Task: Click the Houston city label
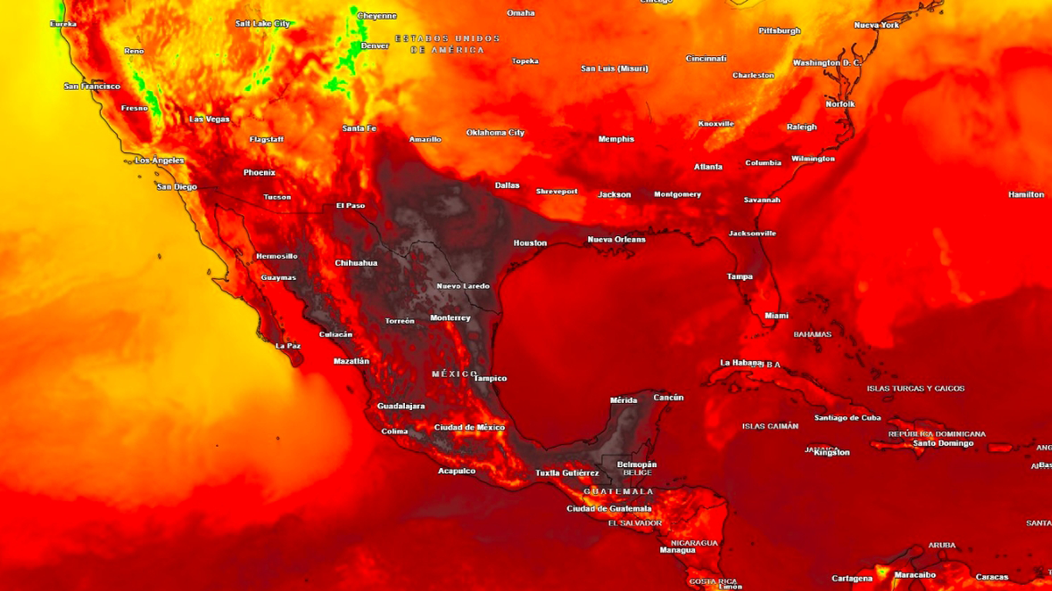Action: pos(530,243)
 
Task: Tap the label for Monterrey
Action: pos(450,318)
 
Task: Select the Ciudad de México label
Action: pos(469,427)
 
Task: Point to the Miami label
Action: pos(776,316)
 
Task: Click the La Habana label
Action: pos(740,362)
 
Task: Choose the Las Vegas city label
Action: pos(209,119)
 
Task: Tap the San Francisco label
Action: pos(92,86)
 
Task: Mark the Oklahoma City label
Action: pos(495,132)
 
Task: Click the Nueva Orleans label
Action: pos(616,239)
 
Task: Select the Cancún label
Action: pos(668,398)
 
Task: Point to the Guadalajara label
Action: pos(400,406)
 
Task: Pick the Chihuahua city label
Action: pos(356,263)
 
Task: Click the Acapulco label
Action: pos(457,470)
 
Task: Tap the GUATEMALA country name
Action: pos(618,491)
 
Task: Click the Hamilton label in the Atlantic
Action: pos(1026,195)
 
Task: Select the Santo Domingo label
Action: pos(943,443)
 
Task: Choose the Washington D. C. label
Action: pos(826,62)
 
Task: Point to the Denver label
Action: pos(375,45)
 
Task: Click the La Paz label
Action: pos(287,346)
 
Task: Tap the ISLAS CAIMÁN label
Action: pos(770,426)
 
